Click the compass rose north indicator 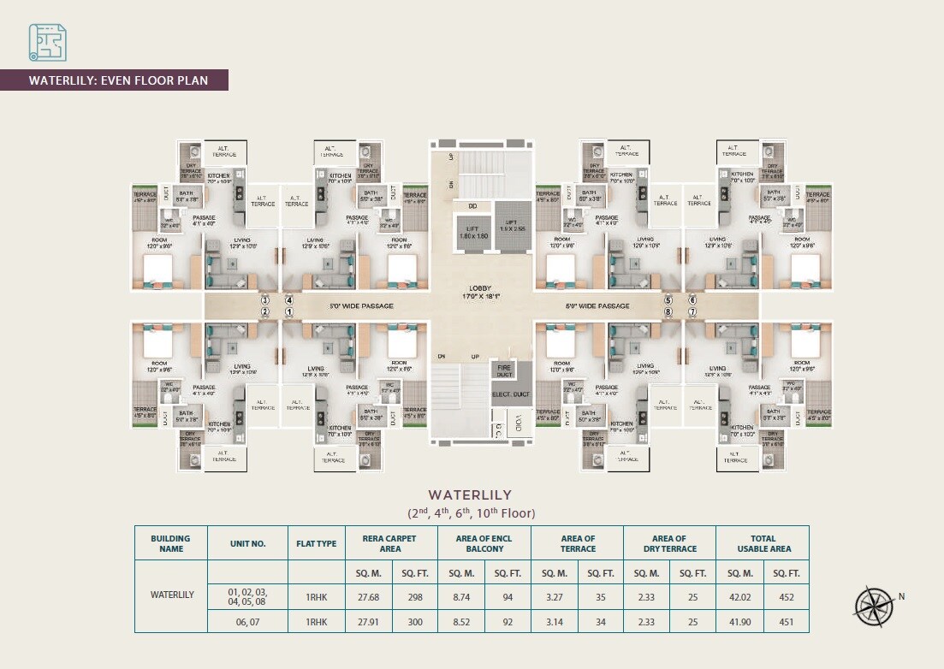873,603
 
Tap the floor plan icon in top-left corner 47,42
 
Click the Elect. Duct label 512,394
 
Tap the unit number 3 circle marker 265,300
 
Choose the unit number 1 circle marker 289,312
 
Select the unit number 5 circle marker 668,300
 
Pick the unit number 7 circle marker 692,312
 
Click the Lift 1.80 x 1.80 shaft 472,231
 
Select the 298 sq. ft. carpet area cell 415,594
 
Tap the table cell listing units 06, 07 247,622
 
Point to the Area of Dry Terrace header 669,543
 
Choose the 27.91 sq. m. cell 368,622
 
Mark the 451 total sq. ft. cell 786,622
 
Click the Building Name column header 171,543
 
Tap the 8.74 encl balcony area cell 460,594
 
